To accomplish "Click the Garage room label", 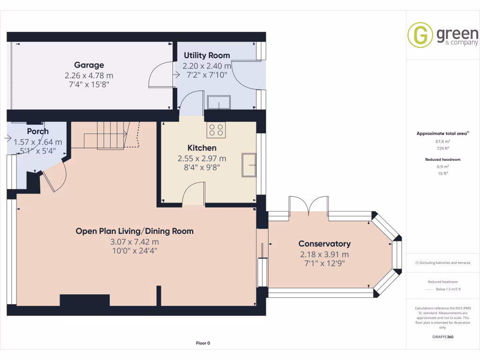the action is (89, 65).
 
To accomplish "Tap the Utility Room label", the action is (207, 55).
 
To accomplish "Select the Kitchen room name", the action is (202, 148).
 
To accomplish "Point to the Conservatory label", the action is (324, 244).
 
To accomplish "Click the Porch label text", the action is (37, 131).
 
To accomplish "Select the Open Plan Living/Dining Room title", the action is (135, 231).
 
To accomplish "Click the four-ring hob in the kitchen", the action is (216, 130).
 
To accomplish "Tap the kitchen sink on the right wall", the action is (249, 165).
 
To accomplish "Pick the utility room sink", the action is (218, 102).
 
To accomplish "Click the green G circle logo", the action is (420, 35).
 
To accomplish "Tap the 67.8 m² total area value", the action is (442, 142).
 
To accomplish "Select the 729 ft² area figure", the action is (442, 149).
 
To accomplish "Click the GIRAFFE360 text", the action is (442, 337).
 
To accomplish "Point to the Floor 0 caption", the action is (203, 343).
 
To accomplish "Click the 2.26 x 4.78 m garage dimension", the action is (89, 75).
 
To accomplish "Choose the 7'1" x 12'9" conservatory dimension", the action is (324, 263).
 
